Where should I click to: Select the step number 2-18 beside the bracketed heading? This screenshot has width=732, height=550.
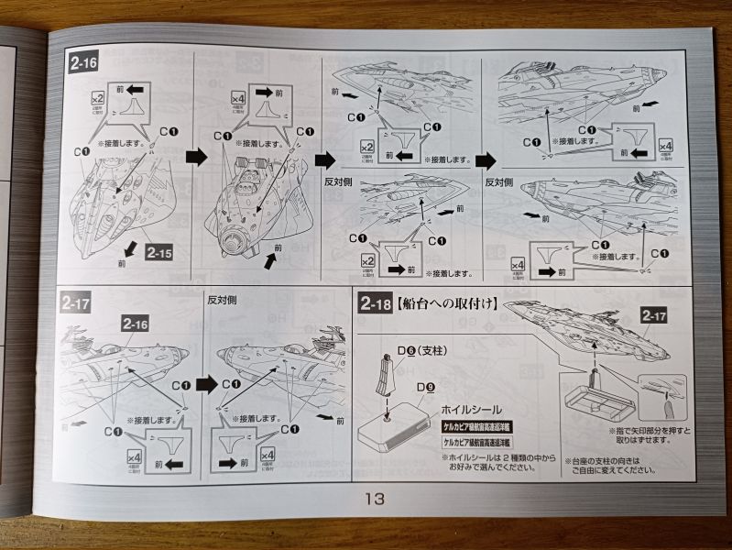click(377, 303)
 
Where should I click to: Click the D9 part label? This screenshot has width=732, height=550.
click(424, 387)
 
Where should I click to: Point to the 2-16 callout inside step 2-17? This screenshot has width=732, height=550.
click(136, 323)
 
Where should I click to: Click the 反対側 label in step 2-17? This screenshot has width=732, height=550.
click(224, 300)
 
